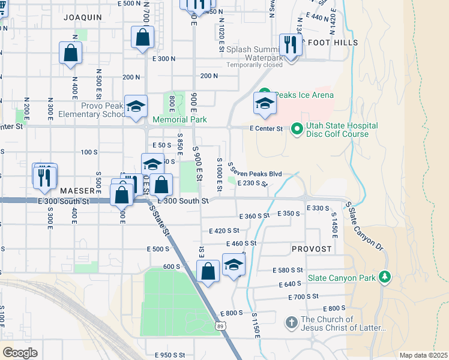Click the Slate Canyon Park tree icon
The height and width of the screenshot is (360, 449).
(x=385, y=277)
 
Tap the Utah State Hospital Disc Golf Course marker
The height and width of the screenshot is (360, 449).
(x=297, y=129)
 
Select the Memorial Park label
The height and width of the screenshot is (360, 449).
(x=179, y=119)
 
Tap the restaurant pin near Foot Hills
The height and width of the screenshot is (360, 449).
(x=291, y=46)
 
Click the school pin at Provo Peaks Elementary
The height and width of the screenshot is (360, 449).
(x=136, y=107)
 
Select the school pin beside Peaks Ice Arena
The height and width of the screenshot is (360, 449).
(x=265, y=104)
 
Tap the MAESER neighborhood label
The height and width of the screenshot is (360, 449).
(x=77, y=190)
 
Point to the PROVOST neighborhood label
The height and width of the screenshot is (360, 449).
(x=312, y=248)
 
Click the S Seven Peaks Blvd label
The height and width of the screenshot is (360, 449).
(x=255, y=173)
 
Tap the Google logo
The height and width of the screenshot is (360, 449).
(x=20, y=352)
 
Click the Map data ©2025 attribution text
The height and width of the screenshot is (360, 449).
(x=423, y=355)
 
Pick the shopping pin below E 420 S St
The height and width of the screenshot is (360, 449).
(x=208, y=271)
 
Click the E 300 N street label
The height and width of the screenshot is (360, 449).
(x=163, y=59)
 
